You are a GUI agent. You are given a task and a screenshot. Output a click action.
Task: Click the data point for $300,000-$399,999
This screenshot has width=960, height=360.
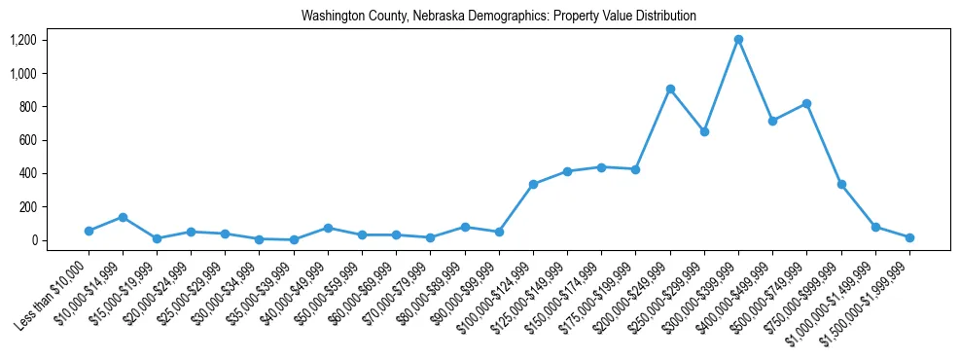(738, 40)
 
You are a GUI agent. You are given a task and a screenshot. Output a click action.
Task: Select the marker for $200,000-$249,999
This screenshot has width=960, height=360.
(670, 90)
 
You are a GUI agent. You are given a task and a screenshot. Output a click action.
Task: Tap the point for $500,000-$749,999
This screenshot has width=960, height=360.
(806, 104)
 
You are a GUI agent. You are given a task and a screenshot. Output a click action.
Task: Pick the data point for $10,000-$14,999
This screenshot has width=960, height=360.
(123, 217)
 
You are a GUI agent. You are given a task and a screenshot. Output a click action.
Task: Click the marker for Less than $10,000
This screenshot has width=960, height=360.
(89, 231)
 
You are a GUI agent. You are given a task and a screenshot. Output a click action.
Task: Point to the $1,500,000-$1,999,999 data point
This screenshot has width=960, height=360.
(909, 237)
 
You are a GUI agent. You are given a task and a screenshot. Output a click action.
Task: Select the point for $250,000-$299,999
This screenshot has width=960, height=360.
(704, 131)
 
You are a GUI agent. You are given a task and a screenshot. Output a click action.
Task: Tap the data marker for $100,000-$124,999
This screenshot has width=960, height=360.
(533, 184)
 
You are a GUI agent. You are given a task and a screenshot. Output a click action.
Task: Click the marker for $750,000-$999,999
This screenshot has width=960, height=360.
(841, 184)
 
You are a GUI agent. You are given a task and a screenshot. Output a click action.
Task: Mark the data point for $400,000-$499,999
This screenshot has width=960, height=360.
(772, 121)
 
